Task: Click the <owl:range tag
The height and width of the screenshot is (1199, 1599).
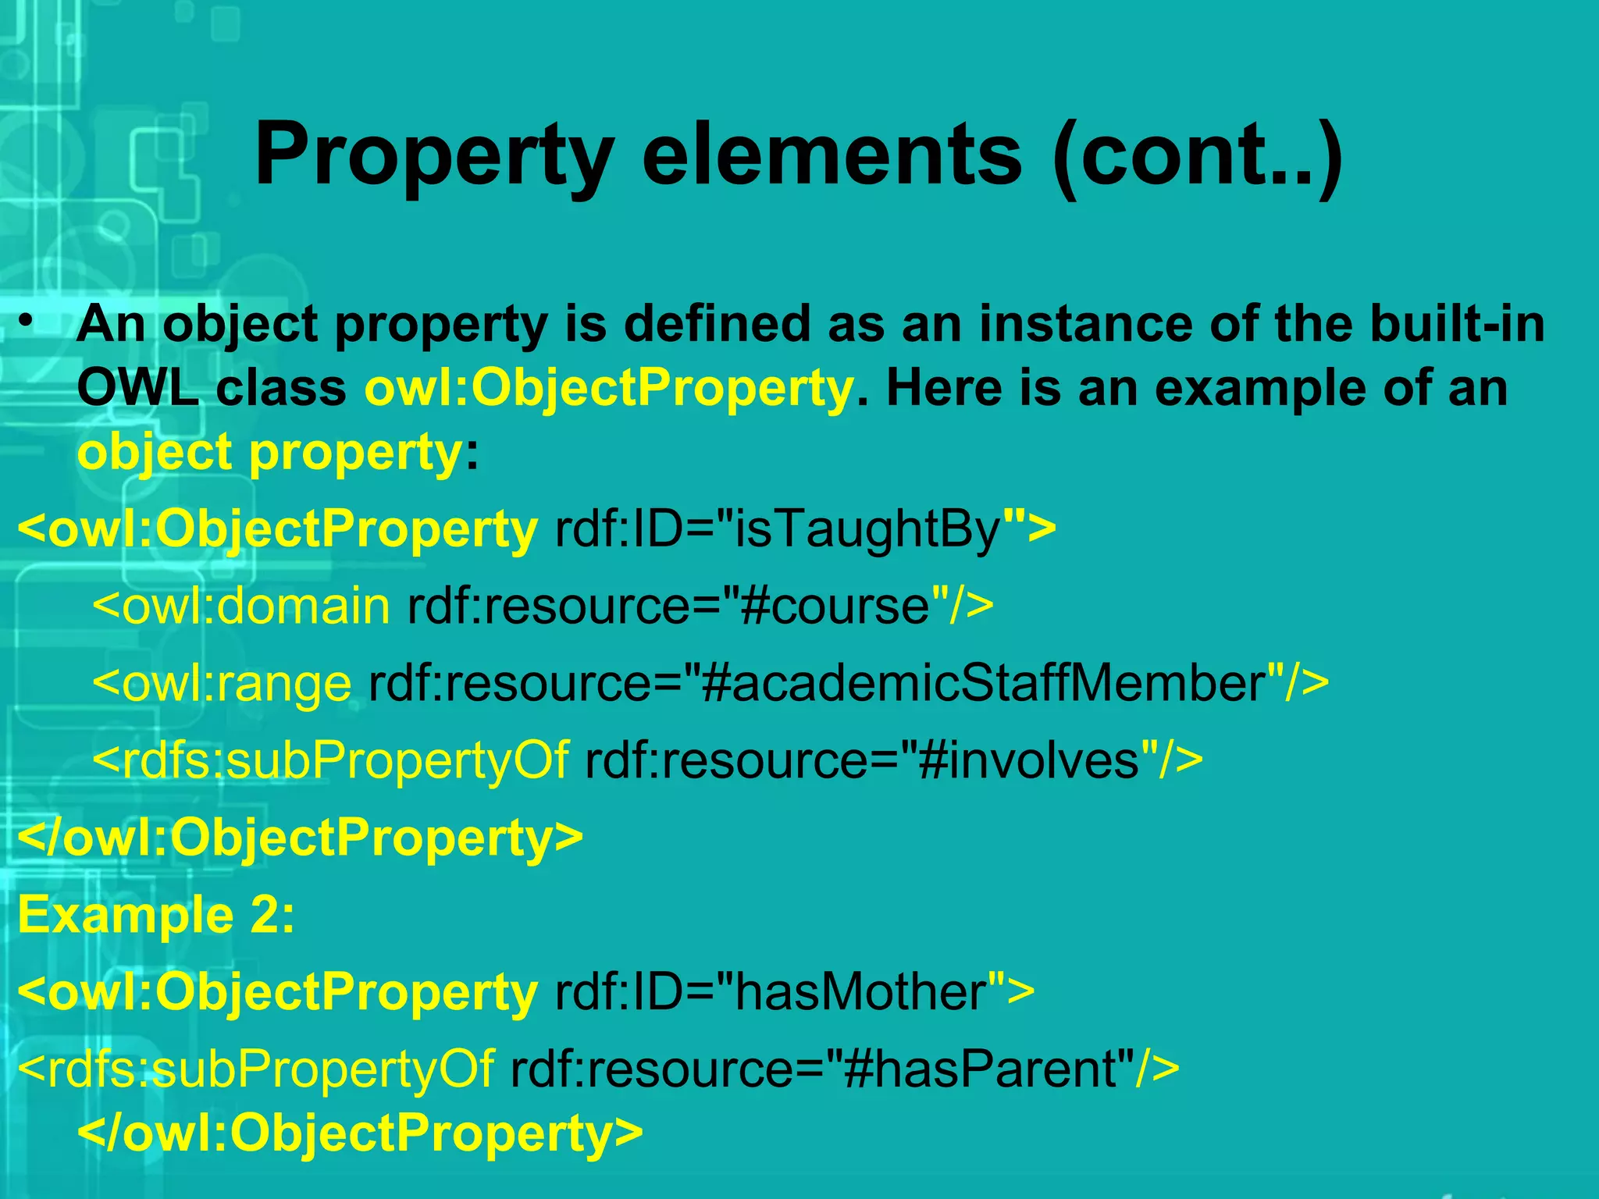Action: (222, 683)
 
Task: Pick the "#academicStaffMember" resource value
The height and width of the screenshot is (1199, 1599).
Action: (984, 683)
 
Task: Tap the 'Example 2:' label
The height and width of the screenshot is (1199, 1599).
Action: (156, 914)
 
